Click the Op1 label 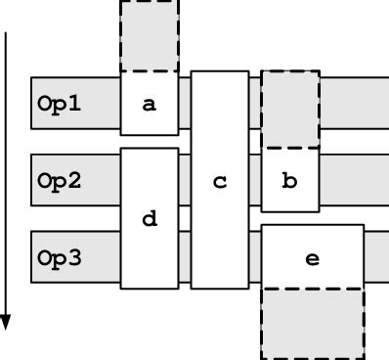click(60, 103)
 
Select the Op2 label click(60, 181)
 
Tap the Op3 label click(60, 259)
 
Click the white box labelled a click(150, 103)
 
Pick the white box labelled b click(290, 179)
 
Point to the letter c click(220, 181)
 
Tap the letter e click(313, 259)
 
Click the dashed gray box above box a click(150, 36)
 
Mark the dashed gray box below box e click(313, 324)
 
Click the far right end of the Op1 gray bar click(381, 103)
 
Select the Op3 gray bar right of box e click(376, 259)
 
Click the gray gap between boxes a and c click(185, 103)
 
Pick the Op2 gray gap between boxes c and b click(255, 181)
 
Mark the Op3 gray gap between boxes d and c click(185, 259)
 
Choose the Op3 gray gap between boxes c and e click(255, 259)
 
